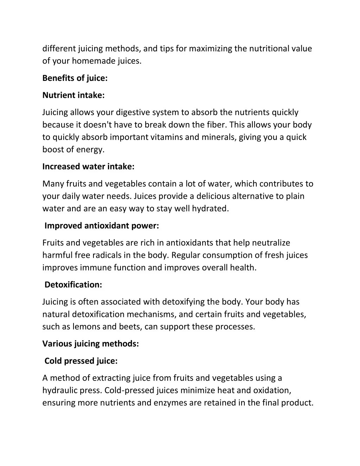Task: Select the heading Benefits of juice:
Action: pyautogui.click(x=75, y=78)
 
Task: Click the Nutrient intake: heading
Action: pyautogui.click(x=73, y=95)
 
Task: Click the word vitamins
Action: pyautogui.click(x=167, y=137)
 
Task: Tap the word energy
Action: pyautogui.click(x=93, y=149)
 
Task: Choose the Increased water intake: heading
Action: pyautogui.click(x=88, y=167)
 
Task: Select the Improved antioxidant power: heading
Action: pyautogui.click(x=102, y=226)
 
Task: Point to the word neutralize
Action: pyautogui.click(x=271, y=243)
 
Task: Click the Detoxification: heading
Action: pyautogui.click(x=73, y=285)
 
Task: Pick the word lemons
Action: pyautogui.click(x=86, y=326)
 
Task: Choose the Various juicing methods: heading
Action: pyautogui.click(x=91, y=344)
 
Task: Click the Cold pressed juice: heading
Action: pyautogui.click(x=81, y=361)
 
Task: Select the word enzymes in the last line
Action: pyautogui.click(x=169, y=403)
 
